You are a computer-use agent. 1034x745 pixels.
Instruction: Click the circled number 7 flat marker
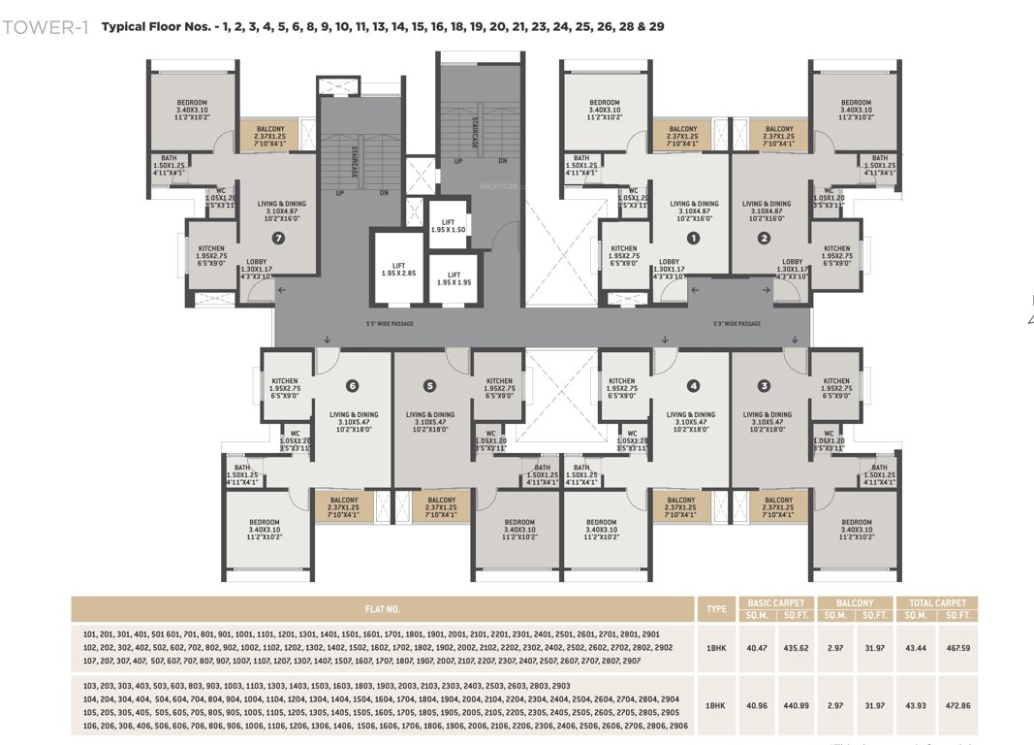pos(279,238)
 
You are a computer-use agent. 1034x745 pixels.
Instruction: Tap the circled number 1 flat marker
pos(693,238)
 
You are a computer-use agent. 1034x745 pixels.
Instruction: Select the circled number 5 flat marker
pos(430,385)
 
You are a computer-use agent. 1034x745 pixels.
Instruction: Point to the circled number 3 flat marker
pos(765,385)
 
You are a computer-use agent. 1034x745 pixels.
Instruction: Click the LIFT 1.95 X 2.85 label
pos(398,268)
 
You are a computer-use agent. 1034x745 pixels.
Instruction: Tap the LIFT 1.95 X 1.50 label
pos(449,225)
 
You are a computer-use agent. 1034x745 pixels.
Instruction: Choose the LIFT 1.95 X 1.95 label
pos(454,277)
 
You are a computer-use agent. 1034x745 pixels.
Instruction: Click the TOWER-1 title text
pos(46,27)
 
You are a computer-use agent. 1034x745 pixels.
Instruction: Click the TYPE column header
pos(717,609)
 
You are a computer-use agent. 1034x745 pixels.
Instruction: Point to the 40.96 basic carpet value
pos(757,705)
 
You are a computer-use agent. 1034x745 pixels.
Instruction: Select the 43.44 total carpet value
pos(916,647)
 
